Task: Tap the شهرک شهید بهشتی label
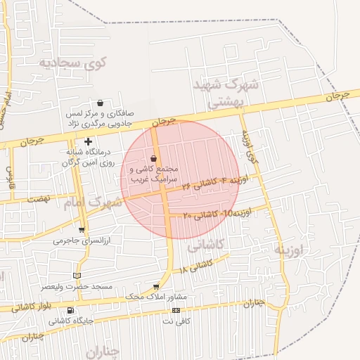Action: [226, 93]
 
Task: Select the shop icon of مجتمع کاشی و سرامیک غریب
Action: [154, 159]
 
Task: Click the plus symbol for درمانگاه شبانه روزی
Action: [87, 142]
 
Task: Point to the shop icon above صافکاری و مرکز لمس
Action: [100, 103]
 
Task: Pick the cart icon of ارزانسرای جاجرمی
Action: [82, 230]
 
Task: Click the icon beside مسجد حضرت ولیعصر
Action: [77, 276]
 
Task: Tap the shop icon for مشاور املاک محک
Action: [155, 287]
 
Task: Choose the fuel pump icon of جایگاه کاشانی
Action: [70, 310]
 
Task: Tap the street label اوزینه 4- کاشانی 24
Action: [214, 183]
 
